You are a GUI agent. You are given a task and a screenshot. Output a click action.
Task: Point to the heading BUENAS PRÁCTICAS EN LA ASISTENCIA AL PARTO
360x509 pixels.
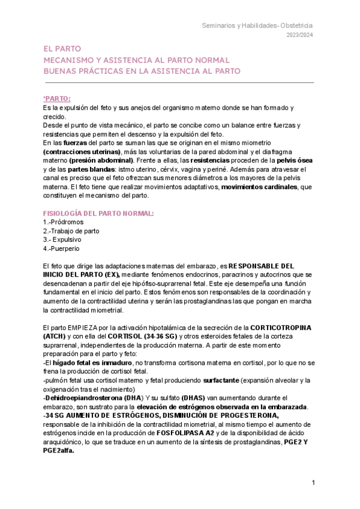pos(142,71)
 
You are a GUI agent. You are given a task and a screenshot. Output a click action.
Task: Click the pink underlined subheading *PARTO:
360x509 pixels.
pos(57,98)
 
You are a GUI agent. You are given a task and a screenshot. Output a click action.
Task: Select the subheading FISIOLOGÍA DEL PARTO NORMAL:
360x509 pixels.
pos(98,213)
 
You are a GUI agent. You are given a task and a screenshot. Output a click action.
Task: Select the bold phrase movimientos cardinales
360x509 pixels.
pos(259,187)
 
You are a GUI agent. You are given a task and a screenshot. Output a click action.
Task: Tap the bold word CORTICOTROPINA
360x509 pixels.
pos(283,327)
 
